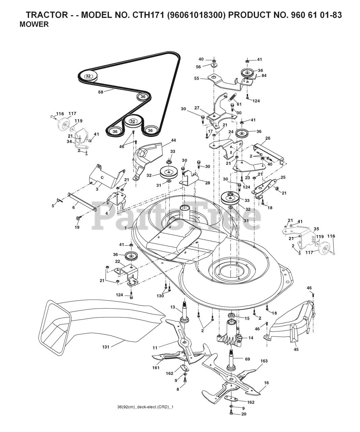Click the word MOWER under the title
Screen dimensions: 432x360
click(x=34, y=24)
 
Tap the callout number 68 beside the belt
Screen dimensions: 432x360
click(x=101, y=91)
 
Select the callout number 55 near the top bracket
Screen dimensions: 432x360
click(x=197, y=78)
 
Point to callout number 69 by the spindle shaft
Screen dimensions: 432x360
click(x=247, y=359)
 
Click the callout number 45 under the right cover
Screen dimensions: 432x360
click(x=296, y=350)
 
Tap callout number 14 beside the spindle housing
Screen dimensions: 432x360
click(x=251, y=337)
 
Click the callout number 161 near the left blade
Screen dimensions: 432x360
click(x=156, y=368)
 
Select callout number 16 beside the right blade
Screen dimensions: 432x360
click(x=267, y=383)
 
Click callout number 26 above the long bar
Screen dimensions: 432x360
click(x=268, y=138)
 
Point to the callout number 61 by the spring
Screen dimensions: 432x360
click(x=239, y=104)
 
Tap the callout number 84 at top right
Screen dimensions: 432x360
click(x=264, y=76)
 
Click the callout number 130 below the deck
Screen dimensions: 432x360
click(x=160, y=296)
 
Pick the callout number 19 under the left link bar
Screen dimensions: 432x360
click(x=77, y=227)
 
